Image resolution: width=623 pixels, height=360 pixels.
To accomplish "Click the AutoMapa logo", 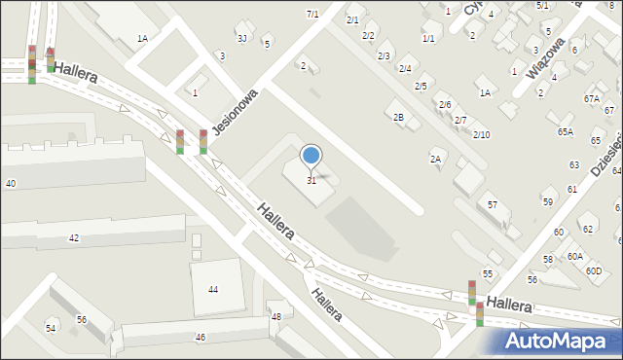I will (556, 342).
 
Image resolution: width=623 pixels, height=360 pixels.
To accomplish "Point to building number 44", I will (212, 290).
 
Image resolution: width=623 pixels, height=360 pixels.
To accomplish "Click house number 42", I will (74, 237).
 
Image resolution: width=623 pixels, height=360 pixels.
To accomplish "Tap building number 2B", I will (398, 117).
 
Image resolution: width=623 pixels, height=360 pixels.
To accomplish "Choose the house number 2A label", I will (436, 158).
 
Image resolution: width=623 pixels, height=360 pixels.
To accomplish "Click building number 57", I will (493, 204).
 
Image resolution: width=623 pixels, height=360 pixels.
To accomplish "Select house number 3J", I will (241, 38).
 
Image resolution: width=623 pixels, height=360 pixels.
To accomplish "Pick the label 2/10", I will (481, 134).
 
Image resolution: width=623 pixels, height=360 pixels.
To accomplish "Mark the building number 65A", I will (566, 130).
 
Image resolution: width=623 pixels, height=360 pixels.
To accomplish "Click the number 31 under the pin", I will (311, 180).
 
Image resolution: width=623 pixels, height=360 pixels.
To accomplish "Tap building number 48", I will (276, 316).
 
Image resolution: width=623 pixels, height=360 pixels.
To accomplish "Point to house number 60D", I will (594, 270).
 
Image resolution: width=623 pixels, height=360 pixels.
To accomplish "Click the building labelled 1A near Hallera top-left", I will (142, 38).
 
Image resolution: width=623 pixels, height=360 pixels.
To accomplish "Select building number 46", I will (201, 337).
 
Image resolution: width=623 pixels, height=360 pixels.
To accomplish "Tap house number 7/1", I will (312, 14).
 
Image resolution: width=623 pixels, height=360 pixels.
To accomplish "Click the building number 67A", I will (592, 98).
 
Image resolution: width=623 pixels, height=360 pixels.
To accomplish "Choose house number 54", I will (51, 329).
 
